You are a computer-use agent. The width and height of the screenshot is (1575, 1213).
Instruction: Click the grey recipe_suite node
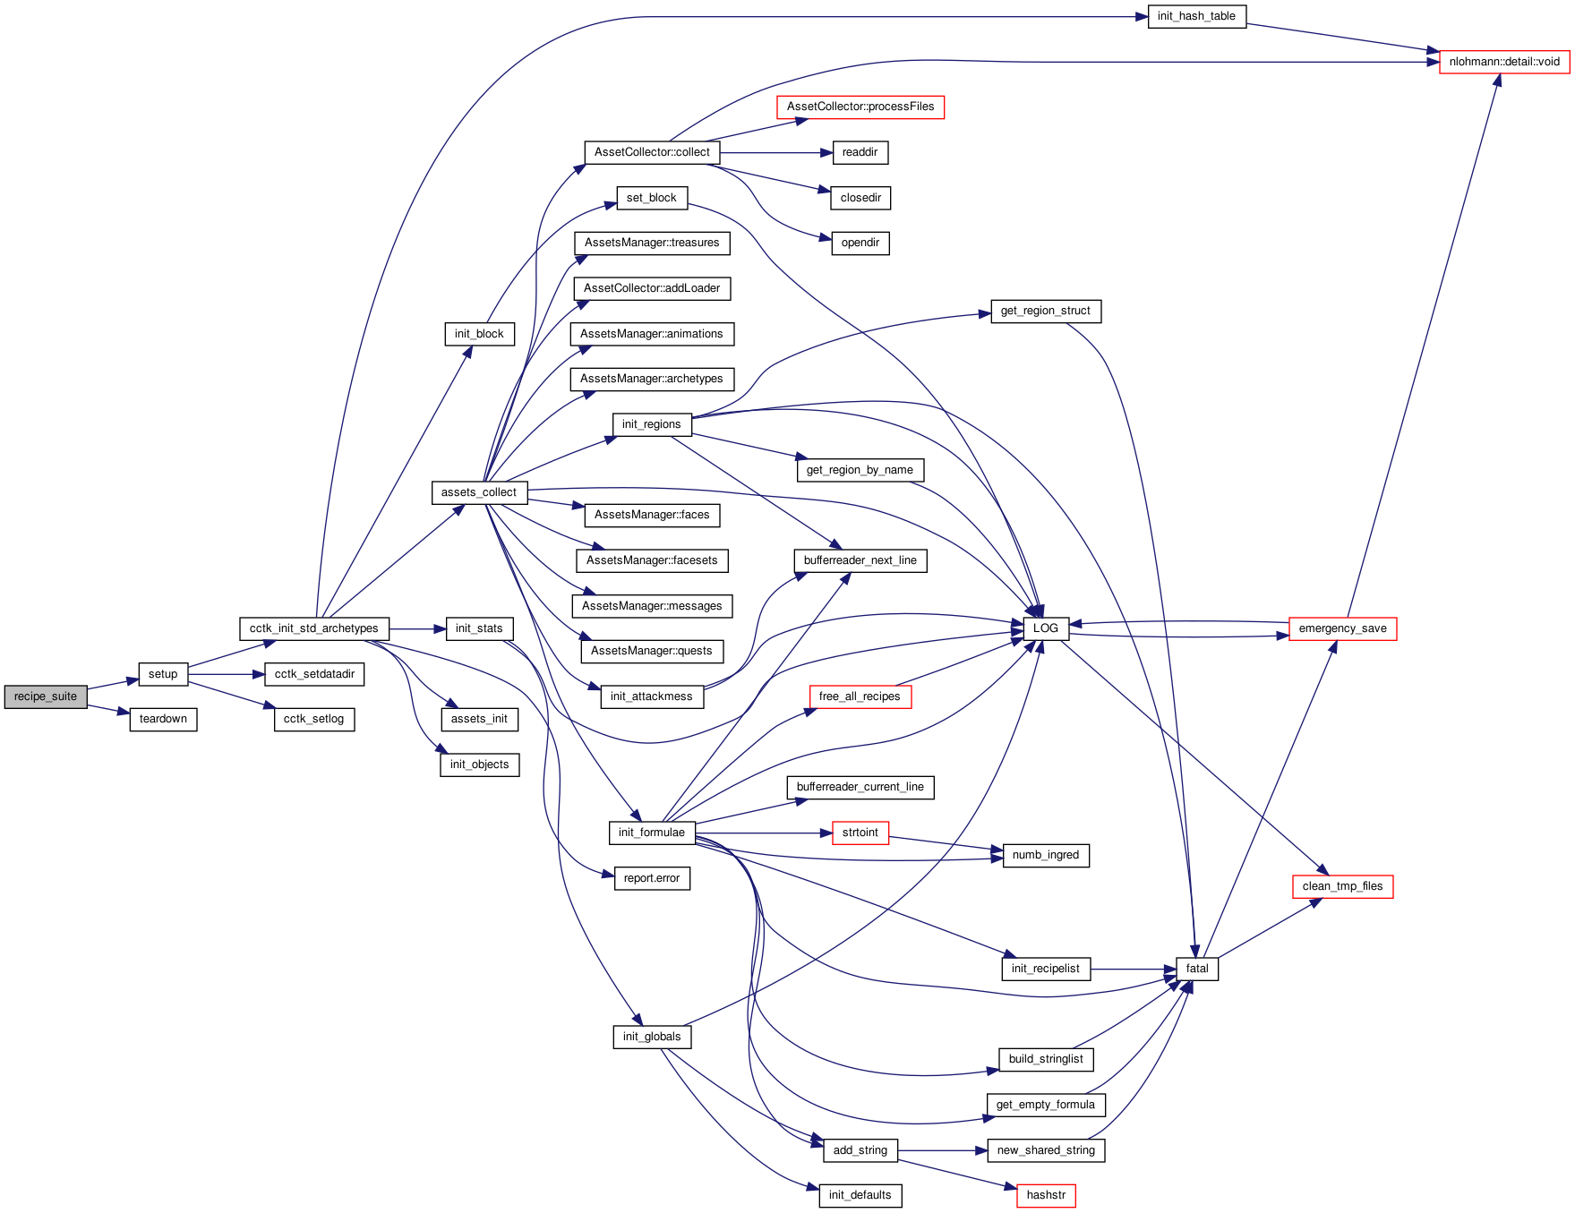point(46,696)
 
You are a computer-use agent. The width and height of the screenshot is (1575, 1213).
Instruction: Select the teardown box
point(163,719)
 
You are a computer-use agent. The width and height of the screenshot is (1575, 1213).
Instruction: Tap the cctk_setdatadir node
point(314,674)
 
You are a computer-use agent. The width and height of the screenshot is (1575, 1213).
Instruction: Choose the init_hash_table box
point(1196,16)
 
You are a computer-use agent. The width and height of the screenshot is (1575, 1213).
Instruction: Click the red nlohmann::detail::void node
point(1504,62)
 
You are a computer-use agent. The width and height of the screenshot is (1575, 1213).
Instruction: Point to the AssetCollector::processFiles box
point(860,107)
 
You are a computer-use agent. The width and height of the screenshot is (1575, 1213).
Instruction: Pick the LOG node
point(1046,628)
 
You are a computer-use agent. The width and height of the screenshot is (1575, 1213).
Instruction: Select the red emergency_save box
point(1342,628)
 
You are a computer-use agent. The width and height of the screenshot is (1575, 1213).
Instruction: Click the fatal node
point(1197,969)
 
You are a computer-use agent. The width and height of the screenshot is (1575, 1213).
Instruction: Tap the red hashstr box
point(1046,1195)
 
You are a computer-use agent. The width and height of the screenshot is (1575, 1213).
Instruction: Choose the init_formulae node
point(652,833)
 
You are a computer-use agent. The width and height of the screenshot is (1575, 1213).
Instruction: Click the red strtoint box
point(860,833)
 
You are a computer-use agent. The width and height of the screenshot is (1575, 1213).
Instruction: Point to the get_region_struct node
point(1046,311)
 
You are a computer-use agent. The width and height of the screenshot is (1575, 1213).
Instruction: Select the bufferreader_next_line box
point(860,560)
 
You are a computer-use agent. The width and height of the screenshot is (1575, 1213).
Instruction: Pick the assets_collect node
point(479,492)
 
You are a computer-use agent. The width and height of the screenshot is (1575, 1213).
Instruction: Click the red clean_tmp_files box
point(1342,886)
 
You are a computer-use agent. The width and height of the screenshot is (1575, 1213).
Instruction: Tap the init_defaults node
point(860,1195)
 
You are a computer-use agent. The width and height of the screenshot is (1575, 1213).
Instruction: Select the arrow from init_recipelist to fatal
point(1134,969)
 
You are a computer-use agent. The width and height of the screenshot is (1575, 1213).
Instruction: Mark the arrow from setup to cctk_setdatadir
point(227,674)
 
